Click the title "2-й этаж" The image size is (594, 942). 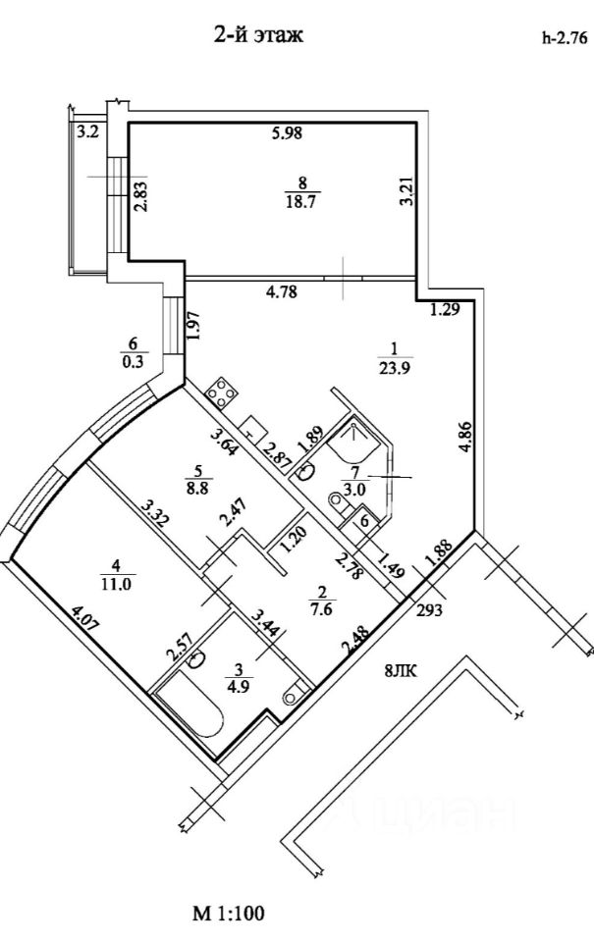pyautogui.click(x=259, y=36)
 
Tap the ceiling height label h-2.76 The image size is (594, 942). pyautogui.click(x=564, y=40)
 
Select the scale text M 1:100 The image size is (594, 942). pyautogui.click(x=228, y=915)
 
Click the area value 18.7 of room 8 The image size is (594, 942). pyautogui.click(x=302, y=200)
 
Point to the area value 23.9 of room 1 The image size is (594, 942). pyautogui.click(x=394, y=369)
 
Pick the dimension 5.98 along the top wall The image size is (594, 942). pyautogui.click(x=286, y=135)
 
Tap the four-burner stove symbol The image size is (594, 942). pyautogui.click(x=221, y=392)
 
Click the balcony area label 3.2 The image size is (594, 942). pyautogui.click(x=88, y=131)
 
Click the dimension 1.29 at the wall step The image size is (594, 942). pyautogui.click(x=446, y=311)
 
